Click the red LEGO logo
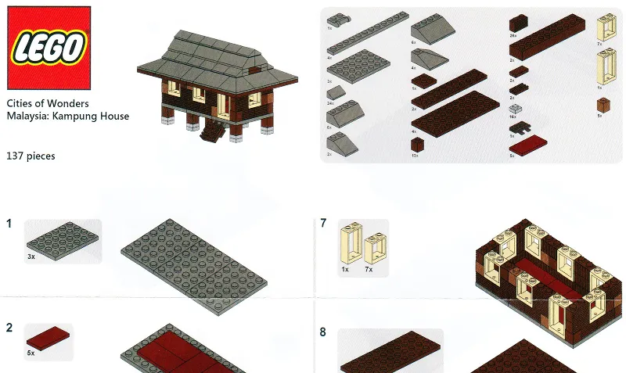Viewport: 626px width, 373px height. (46, 48)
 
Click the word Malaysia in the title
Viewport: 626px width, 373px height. (27, 117)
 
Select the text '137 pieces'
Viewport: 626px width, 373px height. (31, 156)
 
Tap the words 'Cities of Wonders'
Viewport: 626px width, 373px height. (47, 103)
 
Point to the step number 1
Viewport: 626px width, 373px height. (9, 224)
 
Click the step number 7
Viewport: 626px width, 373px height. (323, 224)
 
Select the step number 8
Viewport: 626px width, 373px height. (323, 332)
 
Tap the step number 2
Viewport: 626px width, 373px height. (9, 327)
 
